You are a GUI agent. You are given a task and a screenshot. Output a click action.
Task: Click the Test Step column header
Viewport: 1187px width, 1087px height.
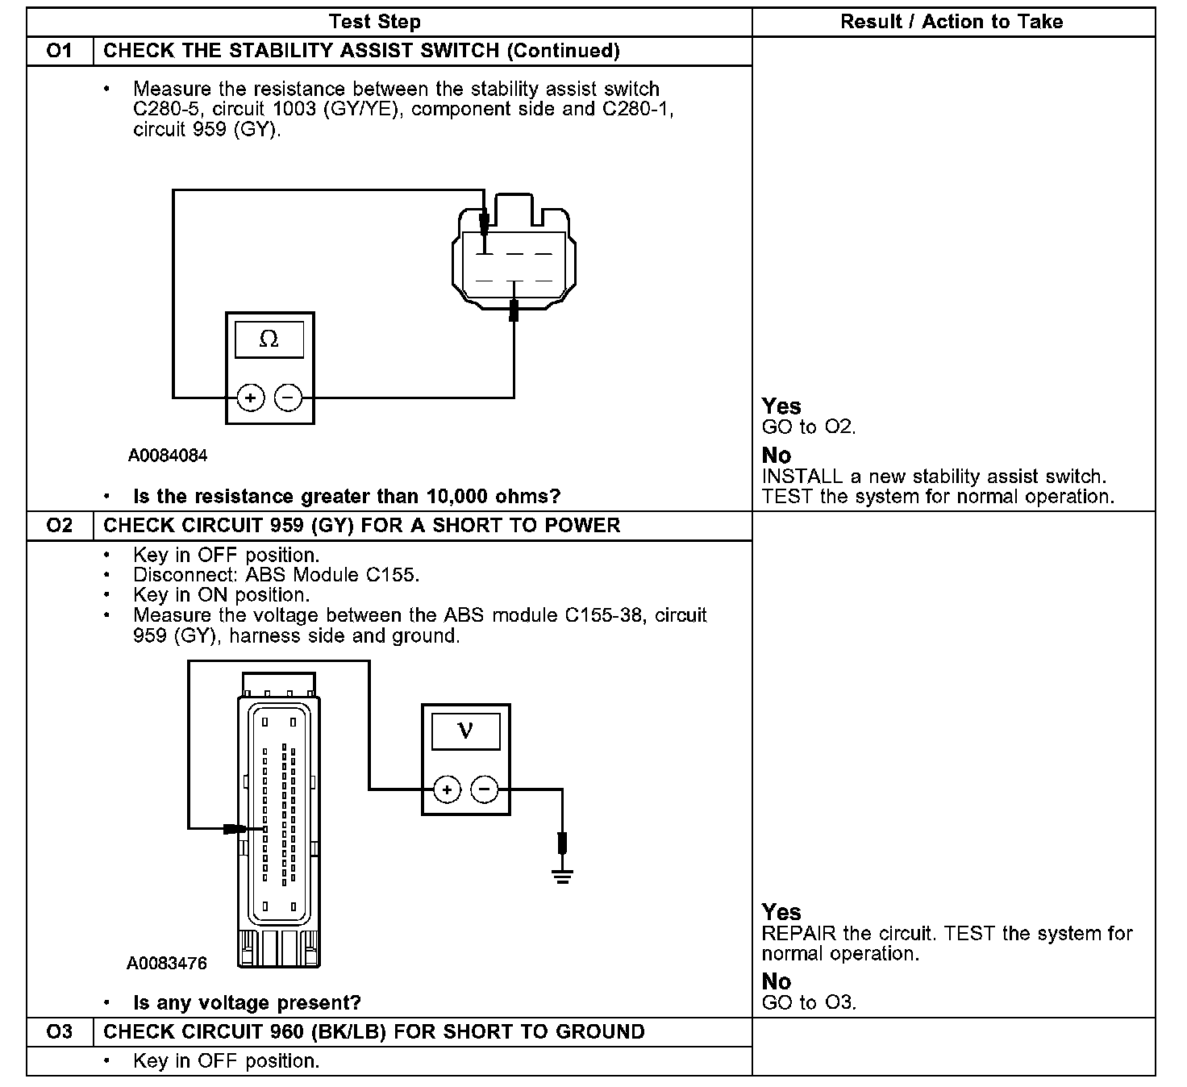coord(375,22)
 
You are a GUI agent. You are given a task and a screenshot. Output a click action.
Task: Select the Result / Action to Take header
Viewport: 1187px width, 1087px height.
coord(952,22)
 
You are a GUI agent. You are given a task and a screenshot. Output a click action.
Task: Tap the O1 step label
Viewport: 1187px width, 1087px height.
coord(60,51)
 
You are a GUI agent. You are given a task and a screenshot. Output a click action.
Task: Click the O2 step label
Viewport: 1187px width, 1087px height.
coord(60,526)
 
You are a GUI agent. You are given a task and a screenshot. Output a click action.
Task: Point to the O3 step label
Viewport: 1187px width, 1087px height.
coord(60,1032)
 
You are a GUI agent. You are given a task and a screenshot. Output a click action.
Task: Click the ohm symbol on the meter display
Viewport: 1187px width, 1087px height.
coord(269,339)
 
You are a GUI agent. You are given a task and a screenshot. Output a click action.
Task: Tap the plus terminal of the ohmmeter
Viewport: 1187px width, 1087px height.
coord(251,398)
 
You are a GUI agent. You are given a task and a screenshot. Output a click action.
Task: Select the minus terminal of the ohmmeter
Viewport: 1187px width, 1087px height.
coord(289,398)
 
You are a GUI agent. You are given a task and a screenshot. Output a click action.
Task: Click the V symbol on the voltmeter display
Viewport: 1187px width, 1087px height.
coord(465,731)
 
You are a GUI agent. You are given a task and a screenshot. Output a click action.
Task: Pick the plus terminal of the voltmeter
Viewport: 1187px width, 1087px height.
coord(448,789)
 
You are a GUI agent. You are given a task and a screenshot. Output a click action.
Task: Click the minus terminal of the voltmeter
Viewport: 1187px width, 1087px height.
coord(485,789)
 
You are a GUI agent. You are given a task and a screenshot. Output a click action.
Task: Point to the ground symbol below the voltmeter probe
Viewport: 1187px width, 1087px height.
coord(563,875)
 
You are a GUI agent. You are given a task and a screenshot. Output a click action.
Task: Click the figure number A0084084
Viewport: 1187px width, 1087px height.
coord(168,456)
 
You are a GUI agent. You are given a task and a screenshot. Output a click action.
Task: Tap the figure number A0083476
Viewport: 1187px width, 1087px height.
coord(167,964)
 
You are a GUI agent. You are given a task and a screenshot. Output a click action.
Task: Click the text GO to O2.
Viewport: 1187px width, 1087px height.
coord(809,427)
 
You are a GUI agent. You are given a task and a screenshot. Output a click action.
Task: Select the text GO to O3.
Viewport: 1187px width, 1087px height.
coord(809,1003)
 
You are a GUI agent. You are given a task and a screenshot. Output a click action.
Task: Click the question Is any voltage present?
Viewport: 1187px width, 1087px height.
coord(247,1003)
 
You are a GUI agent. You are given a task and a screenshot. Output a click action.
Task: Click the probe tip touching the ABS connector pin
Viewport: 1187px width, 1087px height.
coord(237,828)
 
